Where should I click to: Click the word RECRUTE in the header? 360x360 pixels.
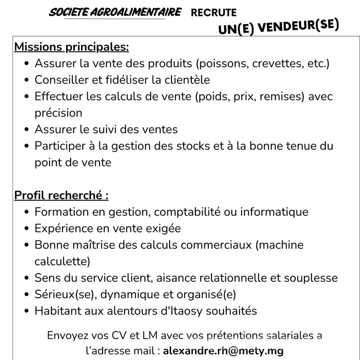[213, 13]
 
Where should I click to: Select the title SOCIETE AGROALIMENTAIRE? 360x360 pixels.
[115, 12]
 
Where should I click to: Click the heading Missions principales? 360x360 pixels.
[72, 46]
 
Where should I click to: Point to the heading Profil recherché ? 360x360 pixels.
[62, 196]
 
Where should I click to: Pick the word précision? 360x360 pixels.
[58, 112]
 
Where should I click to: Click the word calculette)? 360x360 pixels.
[63, 261]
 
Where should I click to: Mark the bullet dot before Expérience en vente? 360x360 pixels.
[27, 229]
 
